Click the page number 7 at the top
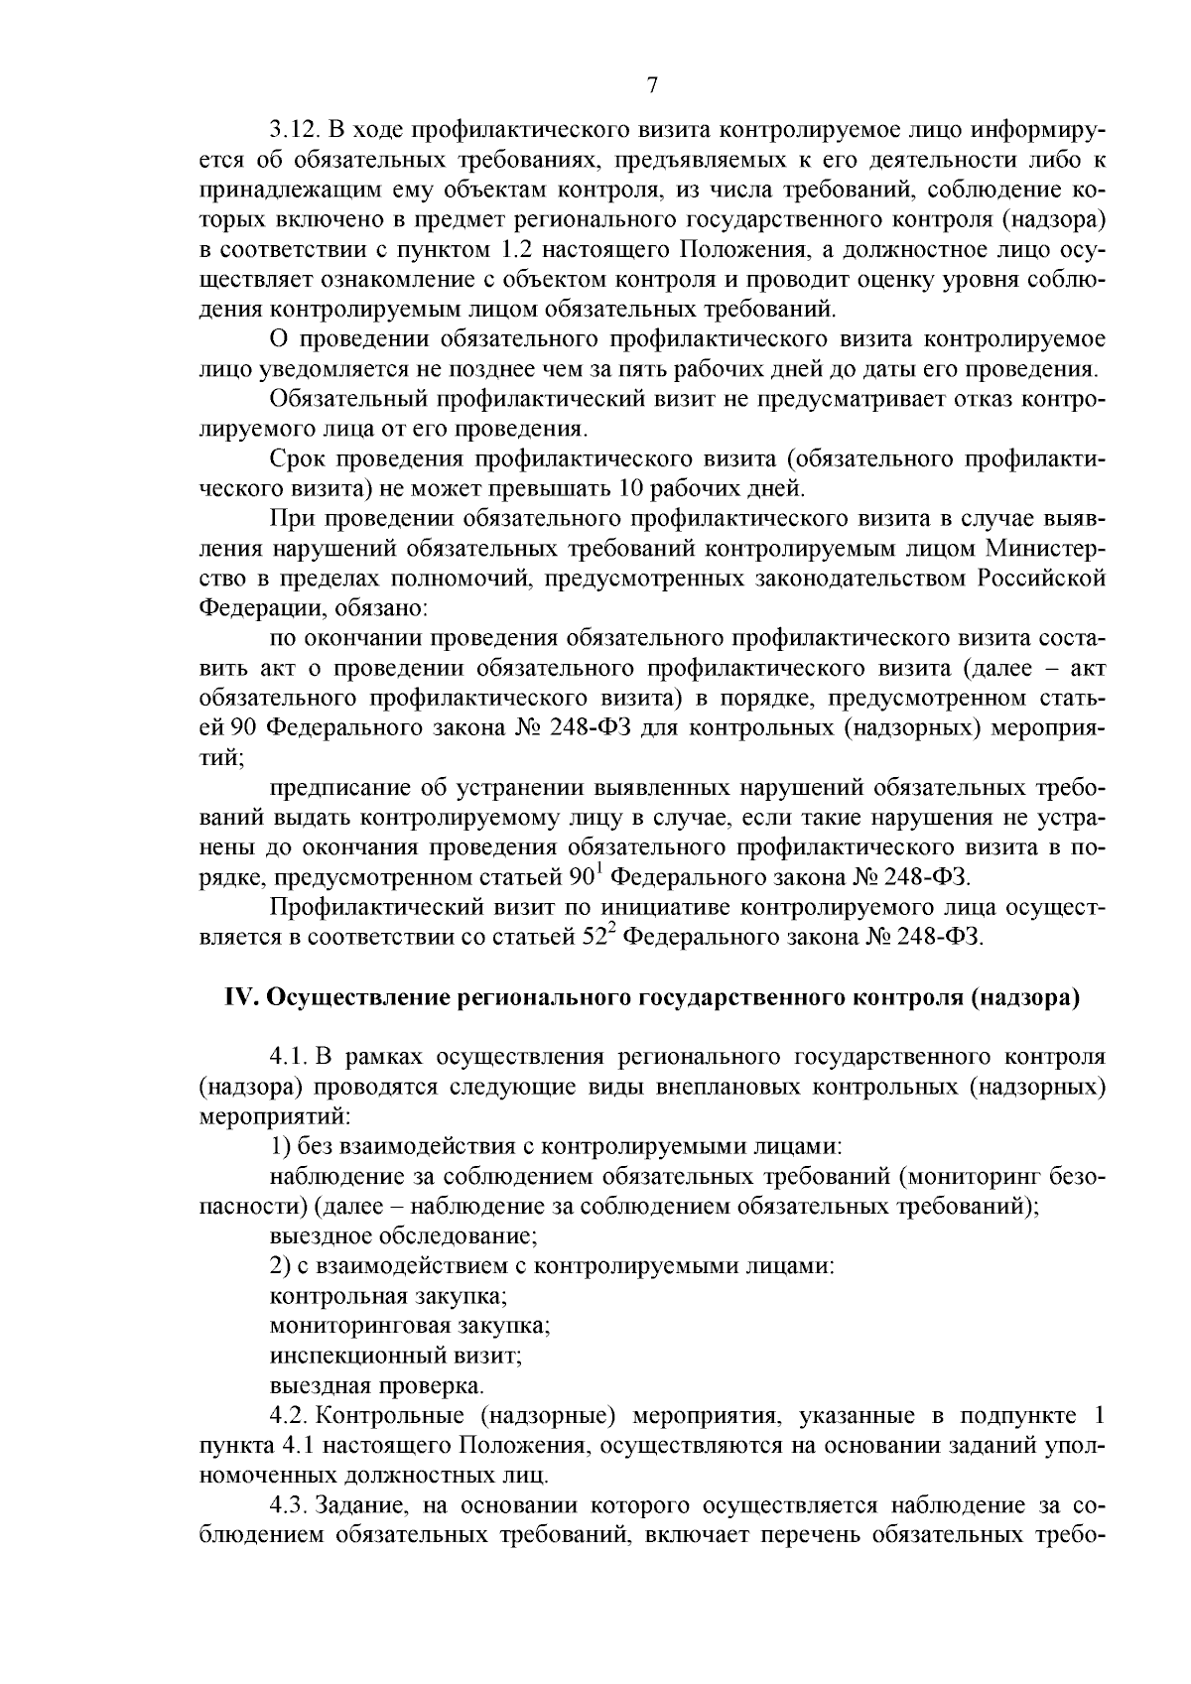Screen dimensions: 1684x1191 (652, 86)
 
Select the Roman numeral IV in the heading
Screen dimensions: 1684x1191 (241, 998)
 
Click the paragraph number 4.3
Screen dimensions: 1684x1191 (288, 1504)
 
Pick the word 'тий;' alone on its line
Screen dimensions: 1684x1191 (220, 758)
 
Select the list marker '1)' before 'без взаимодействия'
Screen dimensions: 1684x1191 (280, 1147)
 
